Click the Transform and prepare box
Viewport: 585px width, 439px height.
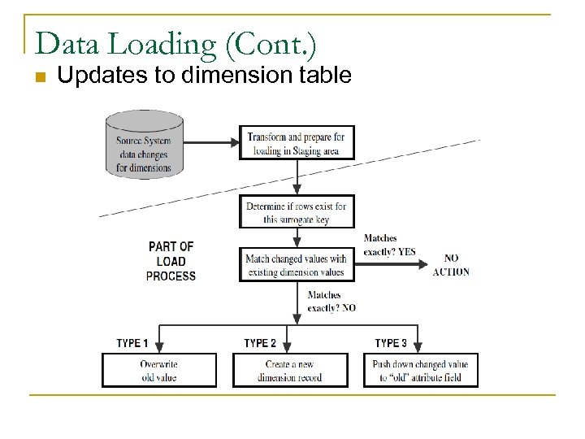coord(296,142)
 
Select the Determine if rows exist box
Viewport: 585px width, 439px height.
coord(296,212)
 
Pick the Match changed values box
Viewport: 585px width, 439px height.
coord(296,265)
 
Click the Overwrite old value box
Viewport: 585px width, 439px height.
coord(158,370)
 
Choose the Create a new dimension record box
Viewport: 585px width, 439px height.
coord(290,370)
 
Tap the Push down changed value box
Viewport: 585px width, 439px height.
coord(420,370)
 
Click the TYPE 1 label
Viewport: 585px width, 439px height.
coord(132,343)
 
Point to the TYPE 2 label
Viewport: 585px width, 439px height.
coord(260,343)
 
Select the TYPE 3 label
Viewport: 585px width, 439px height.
coord(391,343)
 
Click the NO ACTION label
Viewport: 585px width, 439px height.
coord(451,265)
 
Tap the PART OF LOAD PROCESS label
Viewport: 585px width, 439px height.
coord(171,261)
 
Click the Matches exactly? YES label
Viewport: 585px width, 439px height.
coord(388,245)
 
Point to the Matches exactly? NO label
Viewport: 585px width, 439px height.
coord(331,302)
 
